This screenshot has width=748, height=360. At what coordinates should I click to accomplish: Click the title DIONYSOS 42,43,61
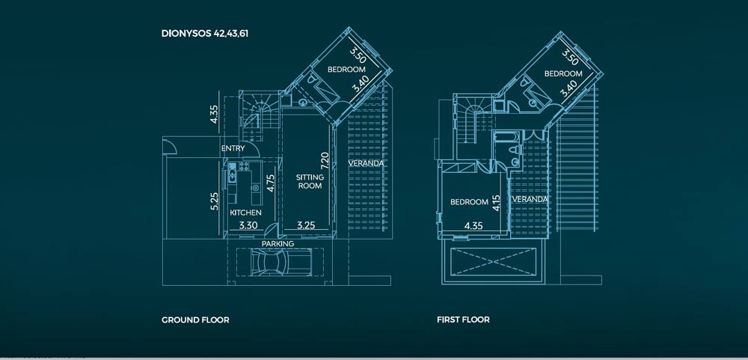[205, 34]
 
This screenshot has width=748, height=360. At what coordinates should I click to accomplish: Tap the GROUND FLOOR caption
[195, 320]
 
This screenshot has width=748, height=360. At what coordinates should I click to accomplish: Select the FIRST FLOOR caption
[463, 320]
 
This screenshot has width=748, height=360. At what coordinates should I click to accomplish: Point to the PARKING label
[278, 244]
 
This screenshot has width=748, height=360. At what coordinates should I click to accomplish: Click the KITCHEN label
[245, 213]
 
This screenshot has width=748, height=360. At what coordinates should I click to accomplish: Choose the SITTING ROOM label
[310, 181]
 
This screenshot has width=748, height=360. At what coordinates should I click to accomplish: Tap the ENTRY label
[233, 148]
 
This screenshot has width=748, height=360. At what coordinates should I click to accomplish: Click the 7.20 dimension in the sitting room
[325, 162]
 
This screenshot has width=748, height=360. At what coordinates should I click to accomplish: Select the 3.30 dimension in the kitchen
[248, 225]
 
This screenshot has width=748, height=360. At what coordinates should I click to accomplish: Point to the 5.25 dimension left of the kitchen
[215, 201]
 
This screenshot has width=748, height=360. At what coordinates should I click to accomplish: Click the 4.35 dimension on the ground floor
[215, 114]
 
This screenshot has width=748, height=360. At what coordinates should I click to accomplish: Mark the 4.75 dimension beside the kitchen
[270, 183]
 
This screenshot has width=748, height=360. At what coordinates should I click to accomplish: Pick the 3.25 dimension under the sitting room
[306, 225]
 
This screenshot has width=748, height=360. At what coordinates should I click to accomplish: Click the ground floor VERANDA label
[366, 163]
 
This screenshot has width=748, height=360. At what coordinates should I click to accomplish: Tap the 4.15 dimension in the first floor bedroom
[496, 203]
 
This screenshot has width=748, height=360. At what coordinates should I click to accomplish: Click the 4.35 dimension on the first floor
[473, 225]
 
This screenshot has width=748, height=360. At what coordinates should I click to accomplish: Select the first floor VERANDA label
[530, 199]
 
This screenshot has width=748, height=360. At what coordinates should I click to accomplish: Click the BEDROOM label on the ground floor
[346, 70]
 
